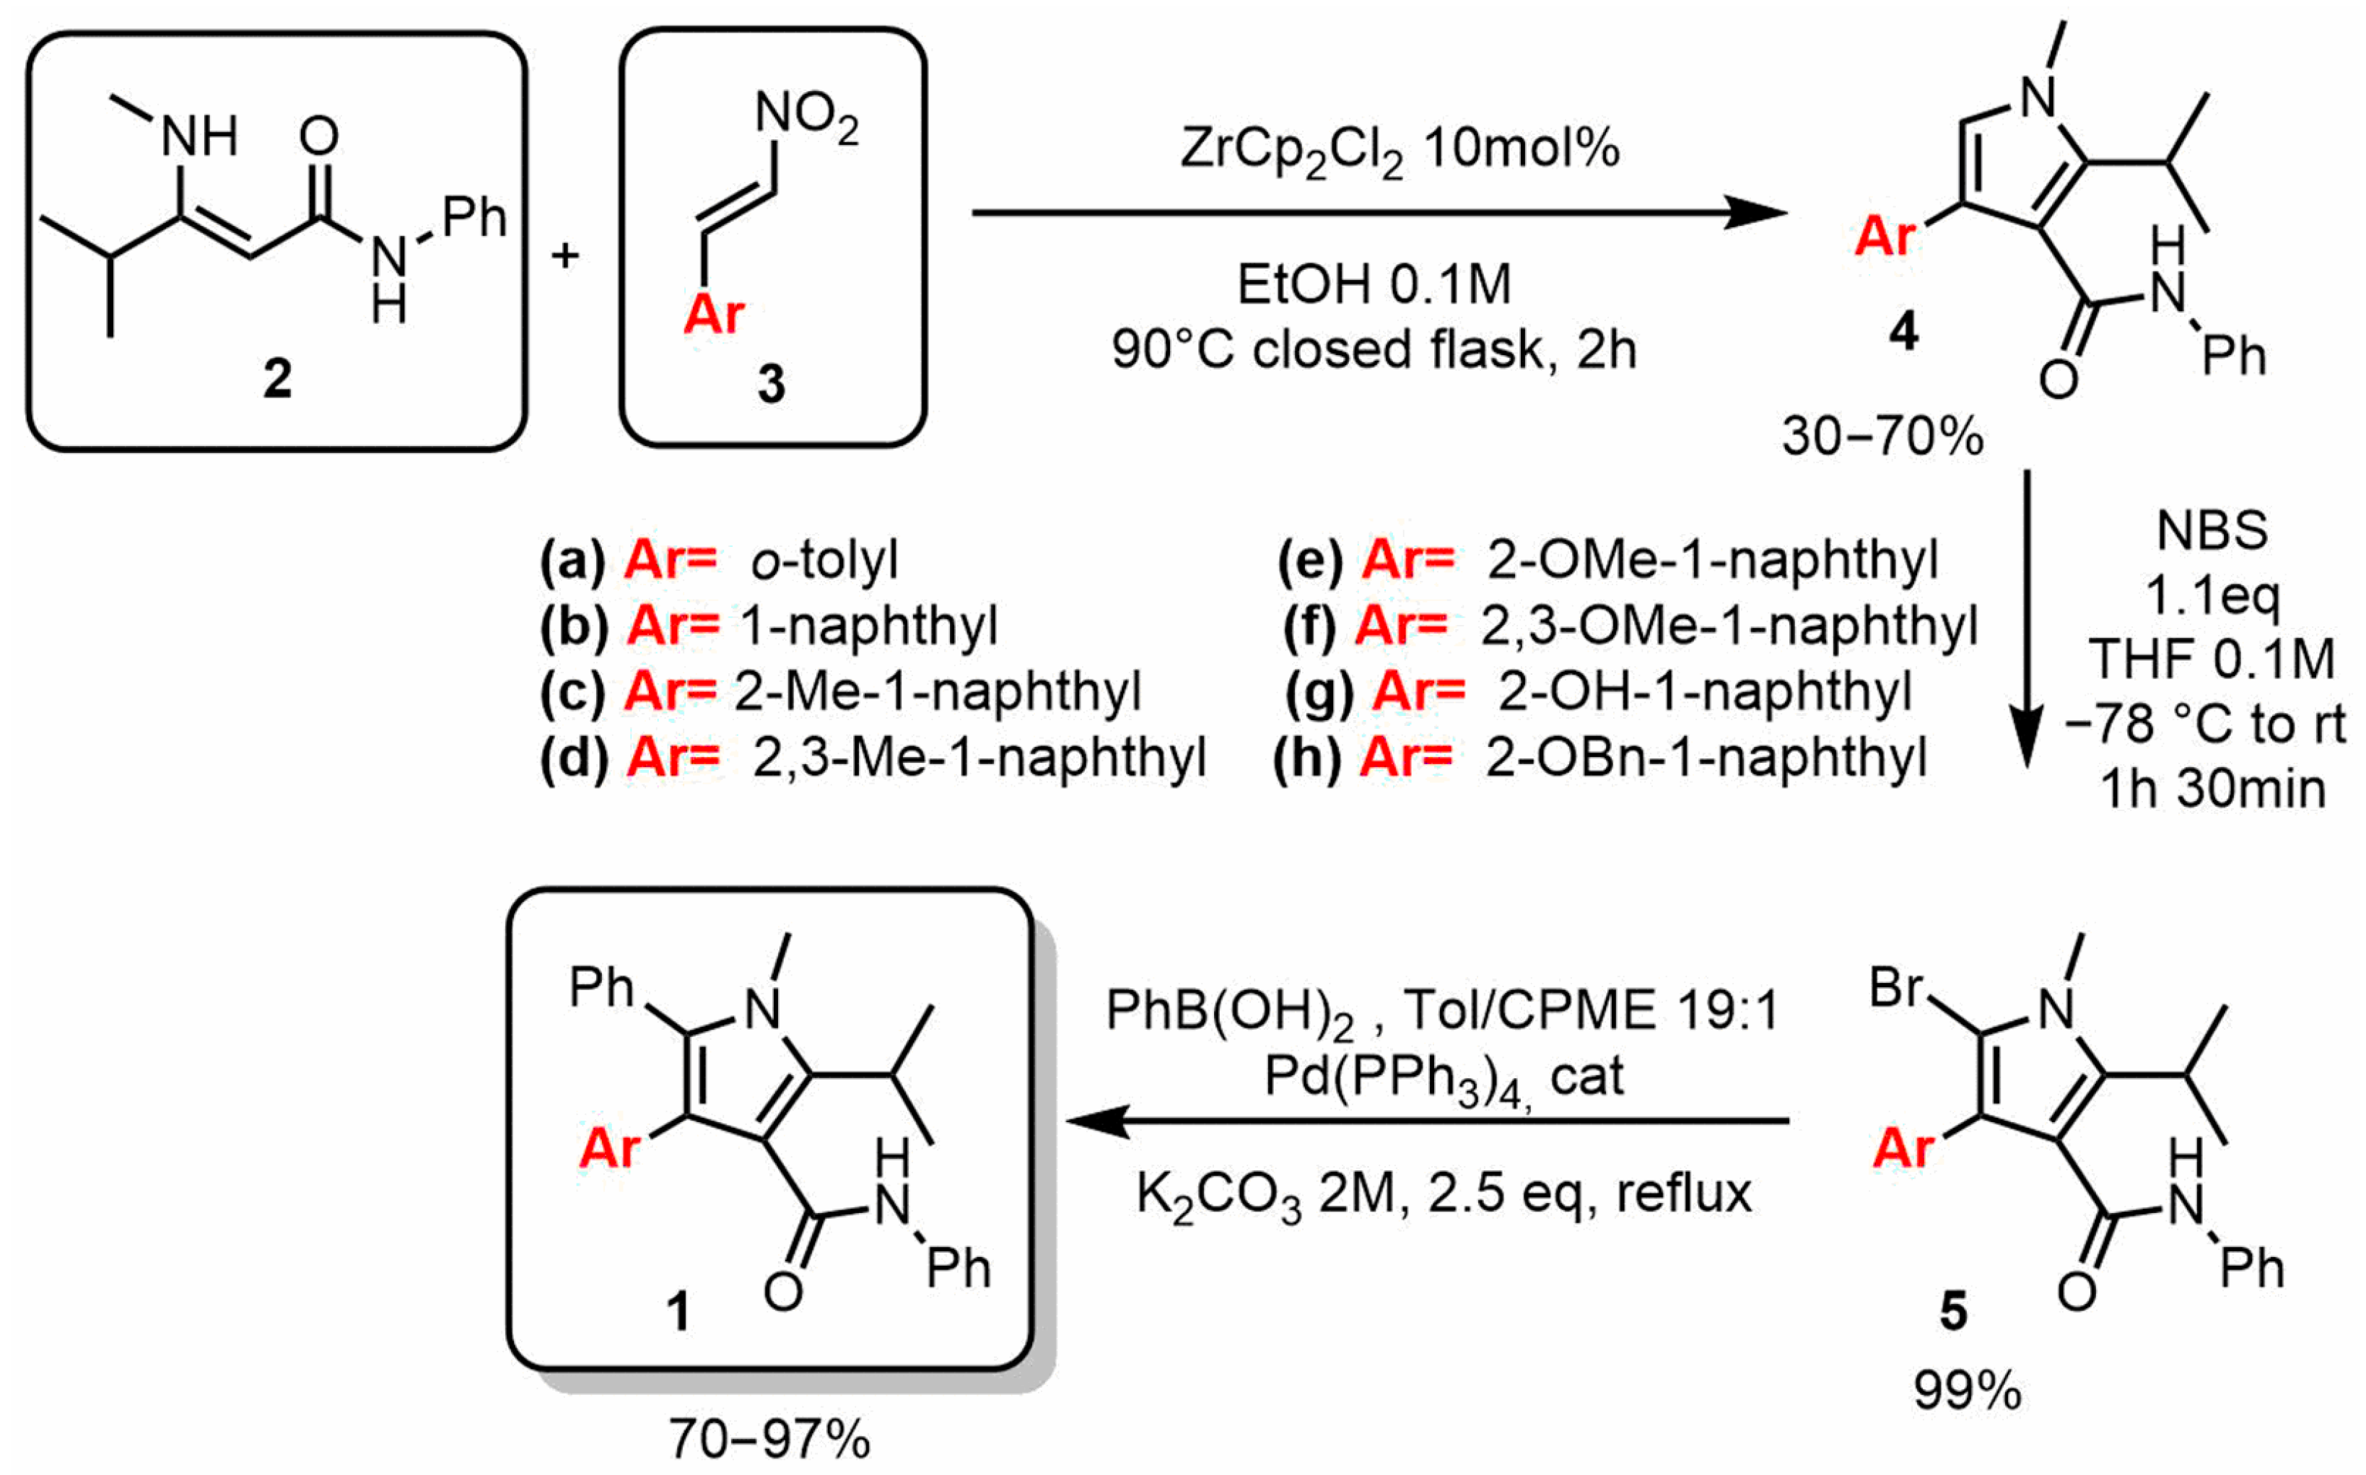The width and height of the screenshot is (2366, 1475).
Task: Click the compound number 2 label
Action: [277, 379]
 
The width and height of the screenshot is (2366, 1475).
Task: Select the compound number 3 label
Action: [771, 383]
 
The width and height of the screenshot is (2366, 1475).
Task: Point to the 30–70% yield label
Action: [1882, 436]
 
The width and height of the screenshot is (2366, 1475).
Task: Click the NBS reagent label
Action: [2212, 530]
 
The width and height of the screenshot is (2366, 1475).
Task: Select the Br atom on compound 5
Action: [1895, 988]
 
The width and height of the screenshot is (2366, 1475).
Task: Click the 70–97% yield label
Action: [769, 1439]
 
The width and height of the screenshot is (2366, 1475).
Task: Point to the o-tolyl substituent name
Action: [824, 561]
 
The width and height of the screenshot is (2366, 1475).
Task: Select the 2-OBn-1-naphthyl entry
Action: [1706, 757]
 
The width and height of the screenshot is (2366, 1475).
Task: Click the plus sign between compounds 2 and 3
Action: [566, 255]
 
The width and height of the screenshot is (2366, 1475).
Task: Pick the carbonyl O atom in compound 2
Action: [318, 136]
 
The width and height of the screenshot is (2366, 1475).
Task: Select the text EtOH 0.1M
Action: [1374, 285]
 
